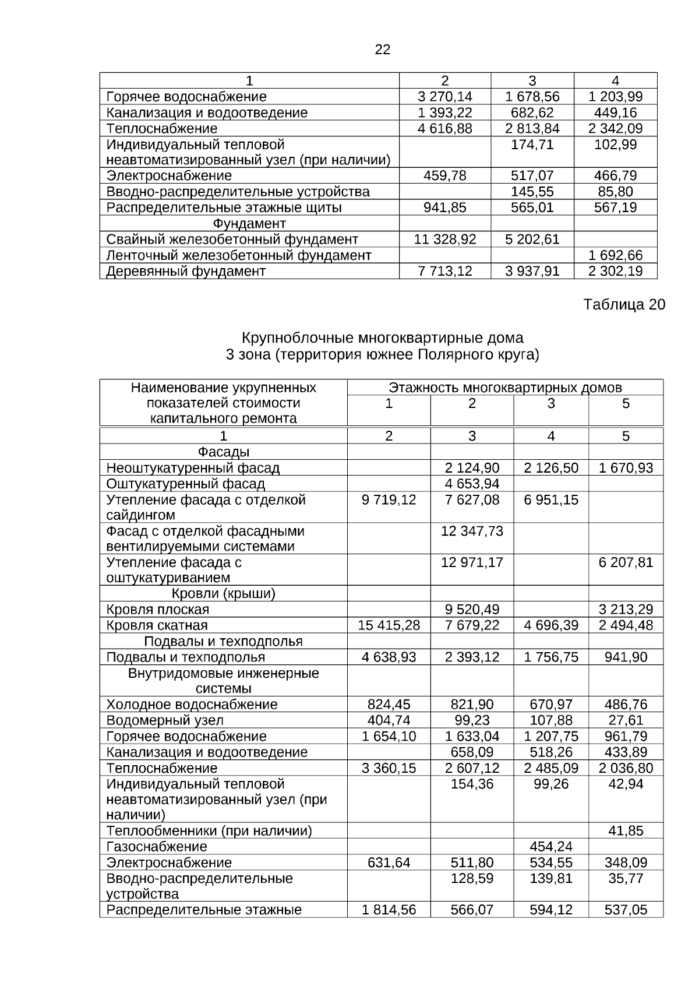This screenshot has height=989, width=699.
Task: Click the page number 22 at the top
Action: point(382,50)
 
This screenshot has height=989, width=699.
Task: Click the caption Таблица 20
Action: point(624,305)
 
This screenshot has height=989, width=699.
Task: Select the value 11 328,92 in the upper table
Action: point(445,239)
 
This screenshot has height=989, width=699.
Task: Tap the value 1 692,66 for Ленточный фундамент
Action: point(615,255)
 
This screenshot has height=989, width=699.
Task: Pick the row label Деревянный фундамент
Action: point(186,271)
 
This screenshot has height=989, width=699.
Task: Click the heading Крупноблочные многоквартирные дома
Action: point(382,338)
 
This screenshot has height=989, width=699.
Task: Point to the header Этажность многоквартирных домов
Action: point(505,388)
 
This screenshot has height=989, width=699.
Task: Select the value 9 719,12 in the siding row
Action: point(389,499)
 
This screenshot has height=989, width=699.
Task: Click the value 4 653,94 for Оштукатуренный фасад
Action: point(472,484)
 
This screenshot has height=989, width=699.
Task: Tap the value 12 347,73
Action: point(472,531)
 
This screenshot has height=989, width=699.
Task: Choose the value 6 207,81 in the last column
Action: point(626,562)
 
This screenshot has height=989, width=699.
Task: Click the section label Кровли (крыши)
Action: point(223,593)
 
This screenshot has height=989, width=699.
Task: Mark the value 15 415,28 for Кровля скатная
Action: point(389,625)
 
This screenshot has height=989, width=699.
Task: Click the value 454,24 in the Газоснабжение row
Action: point(550,846)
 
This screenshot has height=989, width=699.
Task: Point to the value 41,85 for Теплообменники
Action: point(626,830)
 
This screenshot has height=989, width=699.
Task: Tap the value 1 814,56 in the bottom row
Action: point(389,910)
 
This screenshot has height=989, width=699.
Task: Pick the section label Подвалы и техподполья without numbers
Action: point(223,641)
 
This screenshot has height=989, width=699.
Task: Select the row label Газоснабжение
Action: point(157,846)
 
